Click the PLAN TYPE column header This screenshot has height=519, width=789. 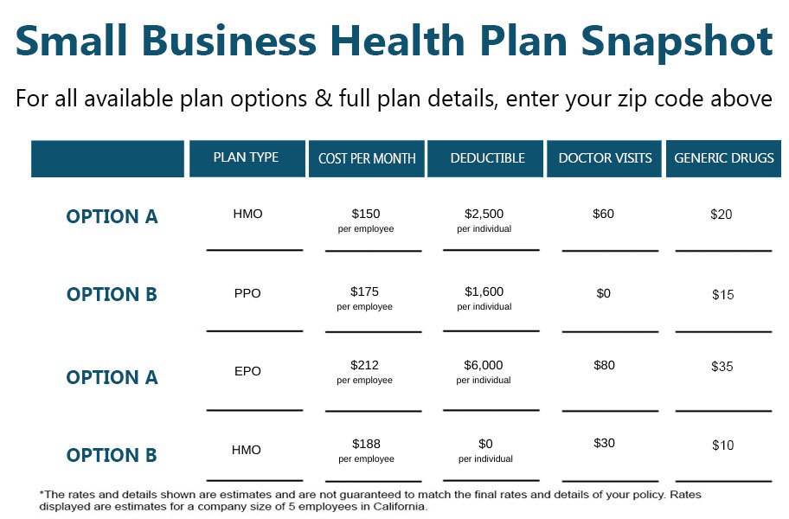coord(246,157)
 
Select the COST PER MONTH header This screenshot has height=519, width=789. coord(367,158)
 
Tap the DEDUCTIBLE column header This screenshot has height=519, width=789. coord(488,158)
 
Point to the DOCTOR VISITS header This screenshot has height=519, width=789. coord(605,158)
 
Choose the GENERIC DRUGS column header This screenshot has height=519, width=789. coord(724,158)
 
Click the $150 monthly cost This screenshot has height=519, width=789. coord(366,214)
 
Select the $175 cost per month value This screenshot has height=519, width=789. coord(365,292)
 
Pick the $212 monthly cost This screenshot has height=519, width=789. coord(365,365)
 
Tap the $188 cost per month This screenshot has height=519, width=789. coord(366,444)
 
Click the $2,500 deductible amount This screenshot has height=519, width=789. coord(484,214)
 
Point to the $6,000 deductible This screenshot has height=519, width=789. coord(484,365)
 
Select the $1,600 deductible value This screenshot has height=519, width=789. coord(484,292)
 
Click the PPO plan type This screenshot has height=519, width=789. coord(247,293)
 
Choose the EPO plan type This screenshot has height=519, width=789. coord(247,371)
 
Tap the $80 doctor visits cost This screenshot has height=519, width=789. coord(605,365)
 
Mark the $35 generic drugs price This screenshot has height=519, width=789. coord(722,367)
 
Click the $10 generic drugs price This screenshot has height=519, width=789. coord(723,445)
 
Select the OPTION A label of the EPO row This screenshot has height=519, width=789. coord(112,377)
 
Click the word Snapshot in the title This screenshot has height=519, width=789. coord(677,42)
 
